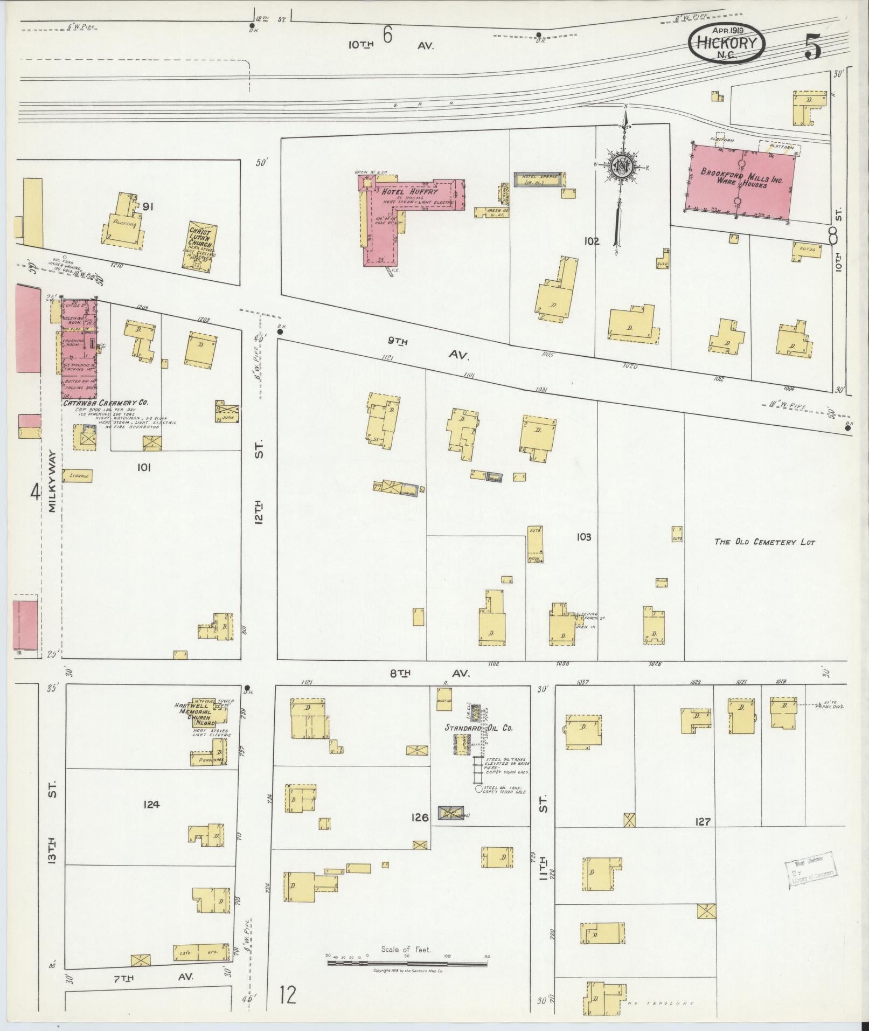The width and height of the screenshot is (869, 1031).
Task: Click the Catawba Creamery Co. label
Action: [106, 403]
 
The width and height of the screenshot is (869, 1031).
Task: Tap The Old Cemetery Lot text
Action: [764, 542]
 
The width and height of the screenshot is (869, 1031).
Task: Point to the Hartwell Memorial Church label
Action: [195, 713]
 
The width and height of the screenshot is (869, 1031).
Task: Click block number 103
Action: [583, 537]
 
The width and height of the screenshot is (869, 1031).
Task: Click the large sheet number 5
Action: [812, 47]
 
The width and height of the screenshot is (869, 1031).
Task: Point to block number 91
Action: [149, 206]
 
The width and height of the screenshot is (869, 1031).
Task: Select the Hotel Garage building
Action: [539, 179]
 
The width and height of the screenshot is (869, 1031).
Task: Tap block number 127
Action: [703, 836]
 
